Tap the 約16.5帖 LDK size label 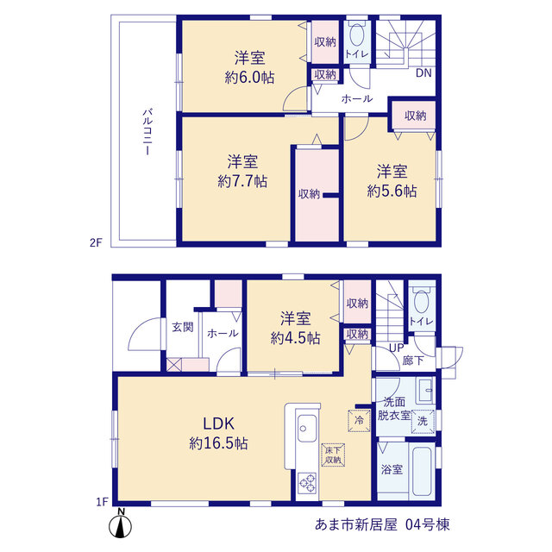[x=218, y=443]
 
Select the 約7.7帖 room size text [x=242, y=181]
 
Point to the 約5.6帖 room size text [x=392, y=191]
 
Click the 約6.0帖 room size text [x=249, y=78]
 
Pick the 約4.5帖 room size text [x=295, y=338]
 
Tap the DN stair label [x=423, y=72]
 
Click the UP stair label [x=397, y=348]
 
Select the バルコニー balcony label [x=147, y=132]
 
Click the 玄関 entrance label [x=183, y=327]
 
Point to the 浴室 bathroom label [x=392, y=469]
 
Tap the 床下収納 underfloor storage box [x=333, y=455]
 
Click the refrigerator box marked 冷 [x=359, y=420]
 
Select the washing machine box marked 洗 [x=423, y=421]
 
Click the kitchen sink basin [x=307, y=428]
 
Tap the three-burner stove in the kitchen [x=307, y=483]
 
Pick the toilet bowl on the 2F [x=356, y=34]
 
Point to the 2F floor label [x=96, y=242]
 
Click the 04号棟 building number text [x=428, y=524]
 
